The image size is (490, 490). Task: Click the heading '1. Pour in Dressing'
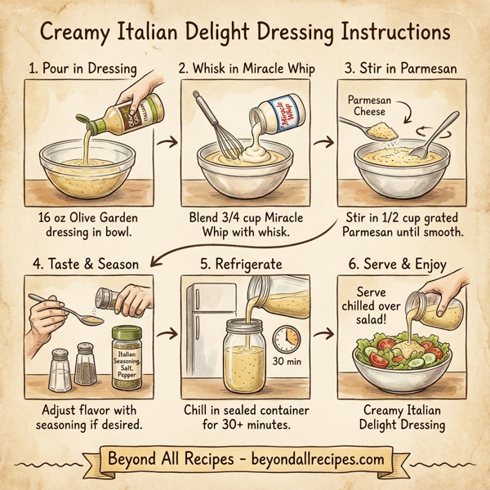click(82, 69)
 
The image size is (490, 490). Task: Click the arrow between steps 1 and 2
click(166, 145)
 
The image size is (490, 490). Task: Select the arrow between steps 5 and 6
click(324, 334)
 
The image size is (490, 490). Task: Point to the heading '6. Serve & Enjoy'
click(403, 265)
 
